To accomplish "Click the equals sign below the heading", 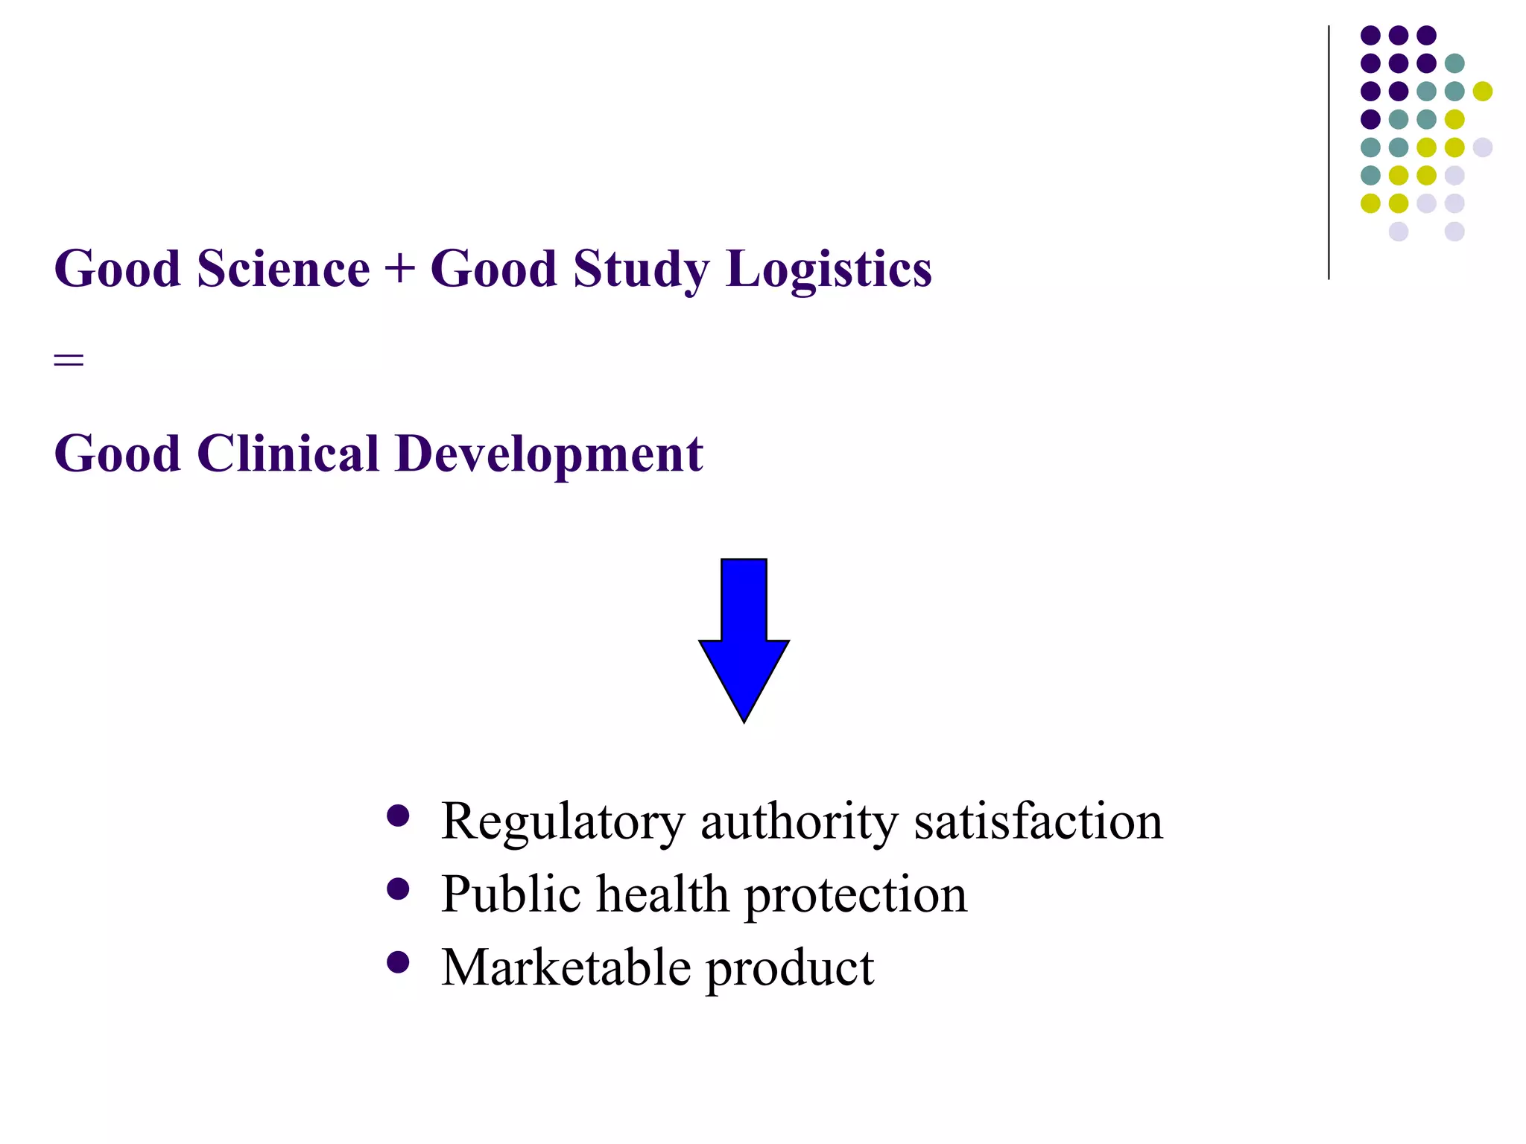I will [x=69, y=361].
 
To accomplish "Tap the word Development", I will [x=549, y=455].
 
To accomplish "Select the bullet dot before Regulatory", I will [x=399, y=816].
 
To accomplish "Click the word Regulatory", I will [x=562, y=822].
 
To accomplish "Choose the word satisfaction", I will [x=1038, y=821].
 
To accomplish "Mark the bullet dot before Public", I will [x=399, y=889].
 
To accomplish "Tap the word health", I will [x=662, y=894].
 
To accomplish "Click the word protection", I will [x=855, y=895].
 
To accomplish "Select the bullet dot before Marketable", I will [x=399, y=962].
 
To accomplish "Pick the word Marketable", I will [x=566, y=967].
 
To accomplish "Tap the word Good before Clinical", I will [x=118, y=454].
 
